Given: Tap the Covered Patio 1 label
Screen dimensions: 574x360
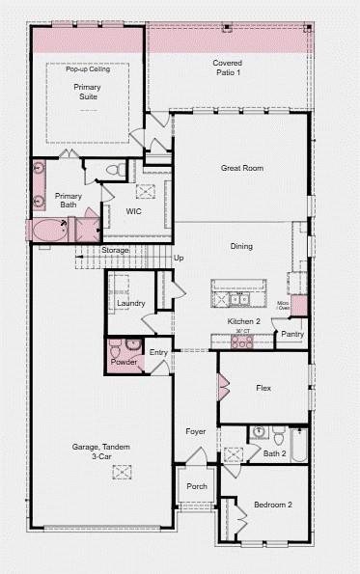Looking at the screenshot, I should pos(228,68).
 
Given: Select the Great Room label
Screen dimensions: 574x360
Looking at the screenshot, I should pos(241,168).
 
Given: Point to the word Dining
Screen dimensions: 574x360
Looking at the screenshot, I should pos(241,246).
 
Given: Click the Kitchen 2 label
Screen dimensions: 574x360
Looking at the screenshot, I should pos(243,321).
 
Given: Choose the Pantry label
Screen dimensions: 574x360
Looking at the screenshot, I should pos(292,335).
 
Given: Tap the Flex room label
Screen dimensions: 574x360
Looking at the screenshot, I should pos(263,389).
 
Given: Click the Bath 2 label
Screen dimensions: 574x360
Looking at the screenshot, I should pos(275,453).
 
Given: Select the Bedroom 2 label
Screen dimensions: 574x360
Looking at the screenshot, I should pos(273,505).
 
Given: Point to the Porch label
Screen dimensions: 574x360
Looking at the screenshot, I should pos(197,486).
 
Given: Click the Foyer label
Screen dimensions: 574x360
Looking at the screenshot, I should pos(196,431).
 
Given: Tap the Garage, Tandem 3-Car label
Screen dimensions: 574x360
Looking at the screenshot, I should pos(100,451).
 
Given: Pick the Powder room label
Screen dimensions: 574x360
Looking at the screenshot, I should pos(124,362).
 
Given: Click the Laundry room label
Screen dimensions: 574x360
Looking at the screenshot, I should pos(131,304).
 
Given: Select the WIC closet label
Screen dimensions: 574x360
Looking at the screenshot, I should pos(134,211).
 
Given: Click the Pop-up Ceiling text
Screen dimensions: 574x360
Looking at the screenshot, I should pos(87,69).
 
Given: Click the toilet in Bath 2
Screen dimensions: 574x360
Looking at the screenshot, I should pos(277,431).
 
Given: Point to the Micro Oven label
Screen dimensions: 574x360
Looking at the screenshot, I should pos(284,307).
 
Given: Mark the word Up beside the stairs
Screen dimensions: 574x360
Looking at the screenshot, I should pos(179,258).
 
